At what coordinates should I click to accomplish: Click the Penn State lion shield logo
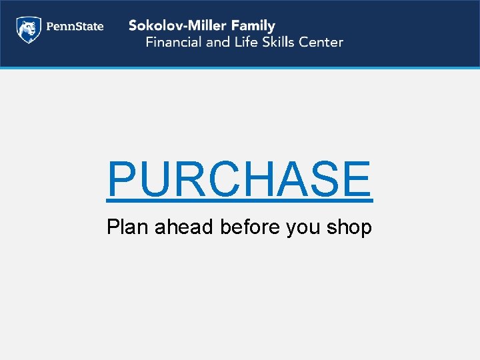[29, 29]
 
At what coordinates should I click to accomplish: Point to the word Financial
[174, 42]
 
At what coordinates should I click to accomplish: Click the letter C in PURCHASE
[230, 179]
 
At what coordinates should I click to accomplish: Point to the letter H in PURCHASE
[267, 179]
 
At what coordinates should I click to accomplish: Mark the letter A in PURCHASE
[302, 179]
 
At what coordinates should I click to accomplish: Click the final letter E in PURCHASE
[358, 179]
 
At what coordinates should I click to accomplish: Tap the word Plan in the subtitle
[128, 227]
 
